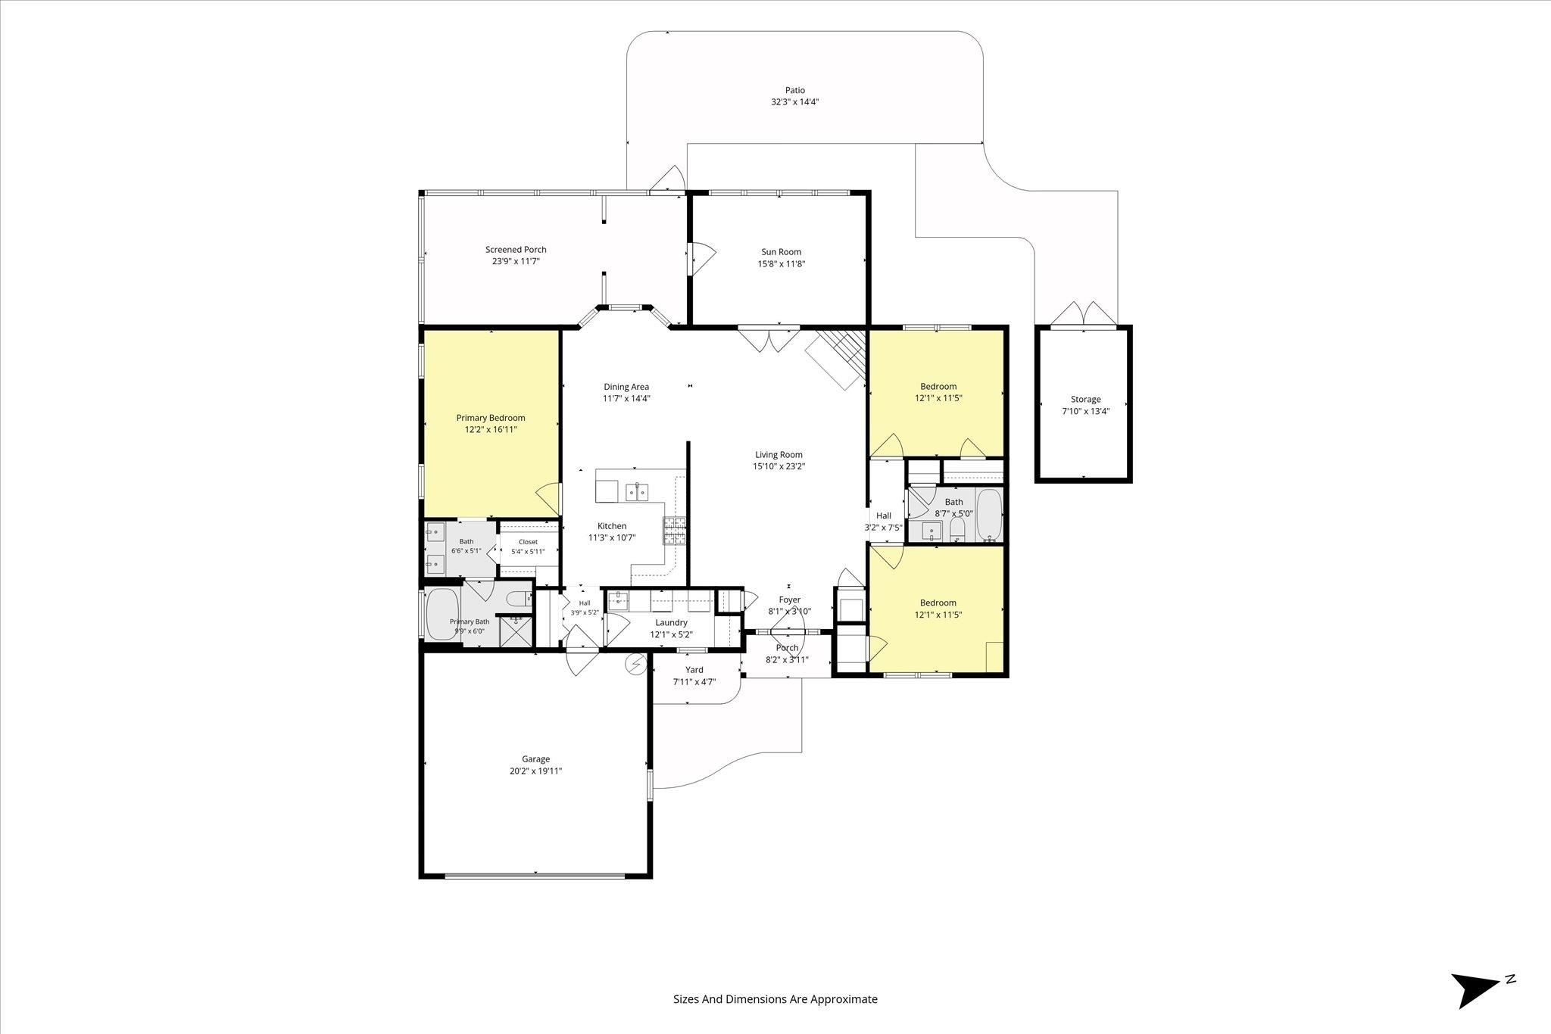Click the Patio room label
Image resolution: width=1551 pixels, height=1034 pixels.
click(794, 91)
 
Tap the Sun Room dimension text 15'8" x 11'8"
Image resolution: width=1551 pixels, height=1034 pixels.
click(782, 264)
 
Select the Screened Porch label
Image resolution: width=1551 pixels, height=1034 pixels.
click(516, 250)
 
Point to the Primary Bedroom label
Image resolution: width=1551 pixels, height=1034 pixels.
click(491, 418)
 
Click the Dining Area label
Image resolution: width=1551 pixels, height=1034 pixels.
click(626, 387)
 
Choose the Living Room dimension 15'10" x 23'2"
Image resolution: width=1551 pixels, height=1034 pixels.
click(779, 467)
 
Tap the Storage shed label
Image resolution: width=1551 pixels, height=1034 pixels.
click(1086, 400)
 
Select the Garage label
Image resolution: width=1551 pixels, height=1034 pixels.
click(535, 759)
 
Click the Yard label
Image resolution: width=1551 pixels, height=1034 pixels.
click(694, 670)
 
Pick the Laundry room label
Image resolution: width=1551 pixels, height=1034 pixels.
click(672, 623)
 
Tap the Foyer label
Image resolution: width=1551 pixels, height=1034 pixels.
click(790, 600)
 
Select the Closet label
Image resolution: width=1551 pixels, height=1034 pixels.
click(528, 542)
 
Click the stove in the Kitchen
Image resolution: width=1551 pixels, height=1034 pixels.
click(675, 531)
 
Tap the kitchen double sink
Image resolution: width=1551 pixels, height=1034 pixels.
click(636, 492)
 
